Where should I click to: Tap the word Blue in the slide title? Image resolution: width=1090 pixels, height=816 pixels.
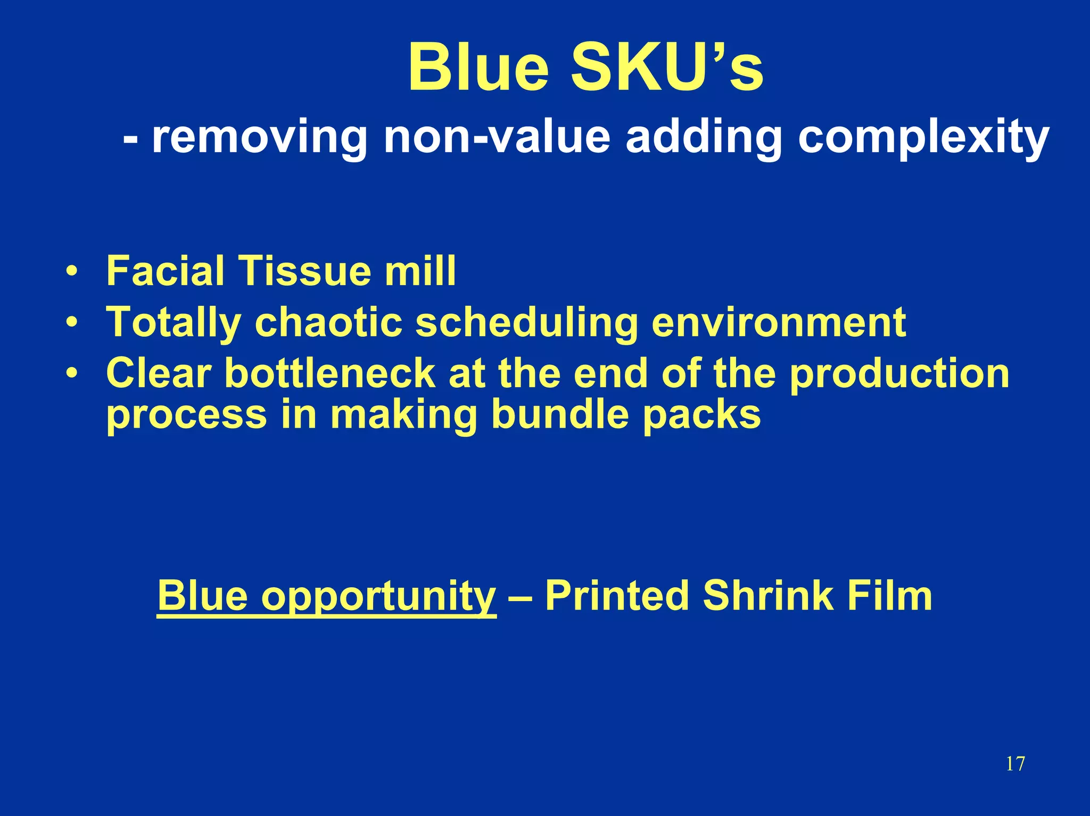tap(478, 68)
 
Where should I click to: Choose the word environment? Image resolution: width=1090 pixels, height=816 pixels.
tap(779, 322)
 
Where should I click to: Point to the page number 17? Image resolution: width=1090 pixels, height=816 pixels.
tap(1015, 764)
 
